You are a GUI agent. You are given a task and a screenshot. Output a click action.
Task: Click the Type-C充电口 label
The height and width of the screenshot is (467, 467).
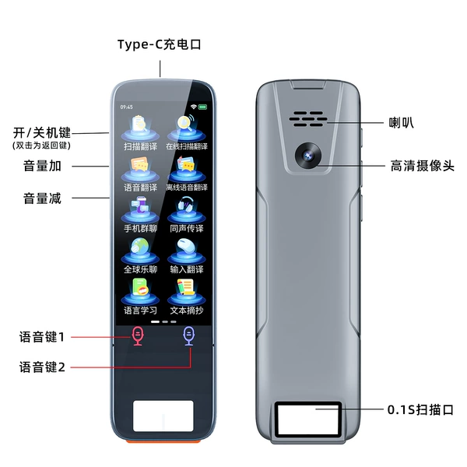click(x=160, y=44)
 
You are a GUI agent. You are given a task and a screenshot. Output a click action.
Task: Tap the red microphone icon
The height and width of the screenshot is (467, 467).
click(x=138, y=336)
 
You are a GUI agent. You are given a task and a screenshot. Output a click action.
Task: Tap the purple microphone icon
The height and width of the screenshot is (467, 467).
click(x=189, y=336)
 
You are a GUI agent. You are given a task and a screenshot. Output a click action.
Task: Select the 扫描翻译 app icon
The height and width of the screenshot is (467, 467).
click(x=140, y=128)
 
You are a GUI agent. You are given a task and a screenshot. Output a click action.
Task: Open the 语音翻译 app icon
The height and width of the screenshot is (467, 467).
click(x=140, y=170)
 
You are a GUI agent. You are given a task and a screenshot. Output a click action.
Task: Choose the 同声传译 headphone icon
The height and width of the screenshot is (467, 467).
click(x=187, y=210)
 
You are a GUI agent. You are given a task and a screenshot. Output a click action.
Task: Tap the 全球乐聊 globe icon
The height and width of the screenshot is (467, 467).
click(x=140, y=251)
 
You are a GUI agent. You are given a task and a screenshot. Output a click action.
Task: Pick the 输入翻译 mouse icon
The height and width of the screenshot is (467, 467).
click(x=187, y=251)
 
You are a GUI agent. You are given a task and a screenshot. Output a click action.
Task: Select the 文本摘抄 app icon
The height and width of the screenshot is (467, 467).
click(x=187, y=292)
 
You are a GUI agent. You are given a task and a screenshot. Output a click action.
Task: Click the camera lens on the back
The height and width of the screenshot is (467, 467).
click(x=308, y=155)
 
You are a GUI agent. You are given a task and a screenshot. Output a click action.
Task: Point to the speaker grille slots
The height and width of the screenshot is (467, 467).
click(x=308, y=119)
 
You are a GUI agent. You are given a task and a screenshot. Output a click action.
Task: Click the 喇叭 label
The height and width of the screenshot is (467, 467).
click(x=401, y=122)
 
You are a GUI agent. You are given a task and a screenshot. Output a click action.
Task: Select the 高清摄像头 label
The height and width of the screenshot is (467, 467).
click(x=423, y=166)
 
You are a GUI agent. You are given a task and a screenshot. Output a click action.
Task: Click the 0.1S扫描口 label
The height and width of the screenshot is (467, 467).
click(x=420, y=410)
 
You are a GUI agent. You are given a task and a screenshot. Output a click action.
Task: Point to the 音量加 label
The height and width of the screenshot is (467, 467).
click(x=42, y=166)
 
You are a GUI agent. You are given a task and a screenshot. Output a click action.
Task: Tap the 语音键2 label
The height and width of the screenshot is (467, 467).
click(x=42, y=367)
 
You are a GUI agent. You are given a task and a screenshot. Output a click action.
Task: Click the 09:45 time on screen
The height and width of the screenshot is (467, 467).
click(x=127, y=107)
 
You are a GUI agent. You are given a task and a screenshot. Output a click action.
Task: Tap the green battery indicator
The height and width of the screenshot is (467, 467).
click(x=203, y=107)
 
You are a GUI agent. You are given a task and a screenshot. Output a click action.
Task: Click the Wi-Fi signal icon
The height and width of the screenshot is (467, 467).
click(x=194, y=107)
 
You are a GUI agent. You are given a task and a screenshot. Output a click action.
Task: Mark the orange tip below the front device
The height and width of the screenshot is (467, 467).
click(x=163, y=441)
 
